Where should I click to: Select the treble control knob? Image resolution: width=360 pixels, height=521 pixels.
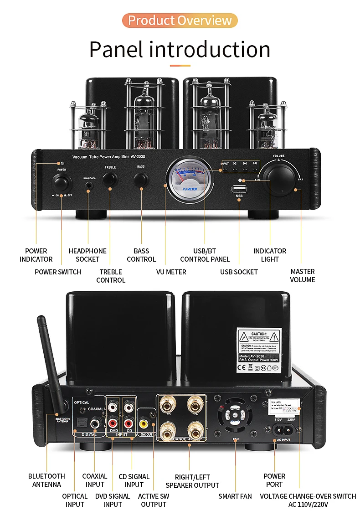pyautogui.click(x=110, y=180)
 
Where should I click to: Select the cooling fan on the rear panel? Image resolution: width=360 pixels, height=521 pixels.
pyautogui.click(x=236, y=417)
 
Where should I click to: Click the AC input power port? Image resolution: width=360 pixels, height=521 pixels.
pyautogui.click(x=283, y=429)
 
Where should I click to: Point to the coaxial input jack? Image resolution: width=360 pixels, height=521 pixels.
pyautogui.click(x=95, y=423)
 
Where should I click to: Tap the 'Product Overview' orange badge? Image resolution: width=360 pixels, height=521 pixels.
pyautogui.click(x=180, y=21)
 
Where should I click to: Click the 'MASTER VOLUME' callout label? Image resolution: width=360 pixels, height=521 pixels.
pyautogui.click(x=303, y=276)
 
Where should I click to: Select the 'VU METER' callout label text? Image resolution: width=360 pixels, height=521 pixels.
pyautogui.click(x=171, y=272)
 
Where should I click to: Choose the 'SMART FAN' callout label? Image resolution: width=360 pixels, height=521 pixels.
pyautogui.click(x=235, y=496)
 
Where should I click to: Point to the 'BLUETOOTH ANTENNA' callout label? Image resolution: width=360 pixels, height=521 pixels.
pyautogui.click(x=46, y=480)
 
